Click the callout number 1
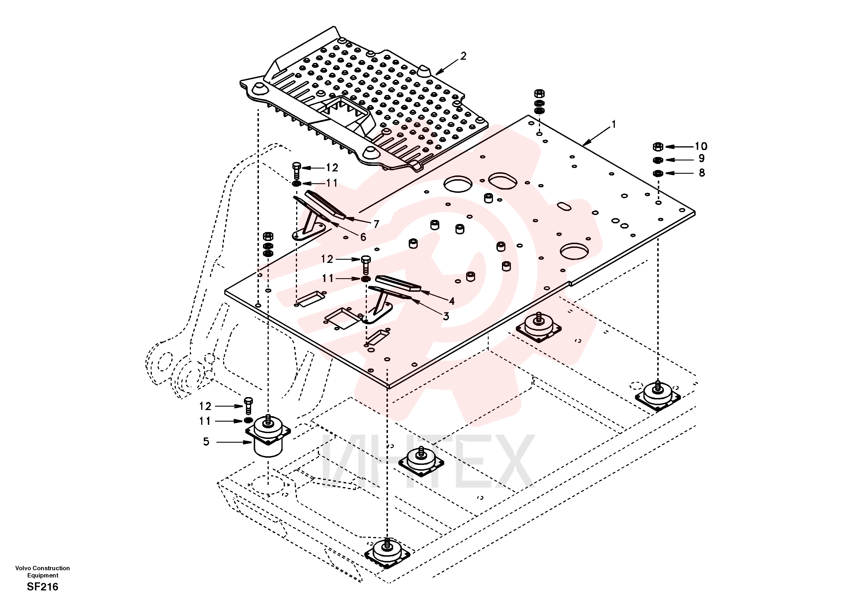tap(614, 125)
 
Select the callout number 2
tap(463, 56)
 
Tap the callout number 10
tap(701, 146)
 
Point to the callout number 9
tap(701, 159)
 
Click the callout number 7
tap(376, 224)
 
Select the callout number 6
tap(363, 237)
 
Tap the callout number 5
tap(206, 442)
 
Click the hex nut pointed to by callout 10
tap(658, 146)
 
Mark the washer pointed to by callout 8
tap(658, 173)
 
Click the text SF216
tap(43, 587)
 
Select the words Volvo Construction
tap(43, 568)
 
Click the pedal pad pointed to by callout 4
tap(398, 283)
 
